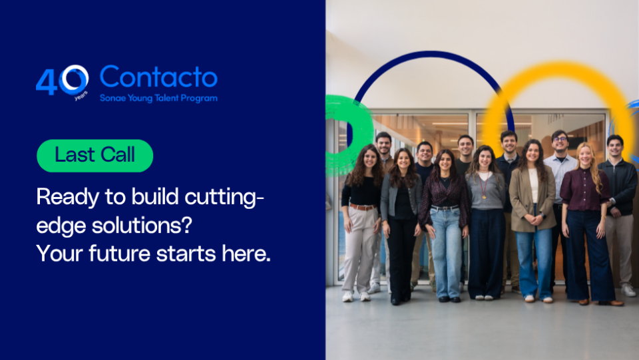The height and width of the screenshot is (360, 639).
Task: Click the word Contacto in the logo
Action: (x=158, y=78)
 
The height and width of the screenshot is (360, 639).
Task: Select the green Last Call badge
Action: (x=95, y=156)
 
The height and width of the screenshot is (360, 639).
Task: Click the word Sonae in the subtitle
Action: (x=114, y=98)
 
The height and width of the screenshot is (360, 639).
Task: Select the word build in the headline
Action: (x=138, y=197)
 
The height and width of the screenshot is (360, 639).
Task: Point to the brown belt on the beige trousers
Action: (x=362, y=207)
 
